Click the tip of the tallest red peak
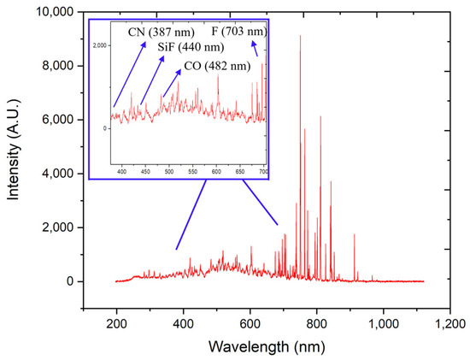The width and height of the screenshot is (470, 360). [300, 36]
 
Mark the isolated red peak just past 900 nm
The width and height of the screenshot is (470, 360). [354, 234]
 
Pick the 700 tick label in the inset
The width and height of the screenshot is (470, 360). [263, 172]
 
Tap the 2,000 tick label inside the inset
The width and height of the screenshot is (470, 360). [101, 44]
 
